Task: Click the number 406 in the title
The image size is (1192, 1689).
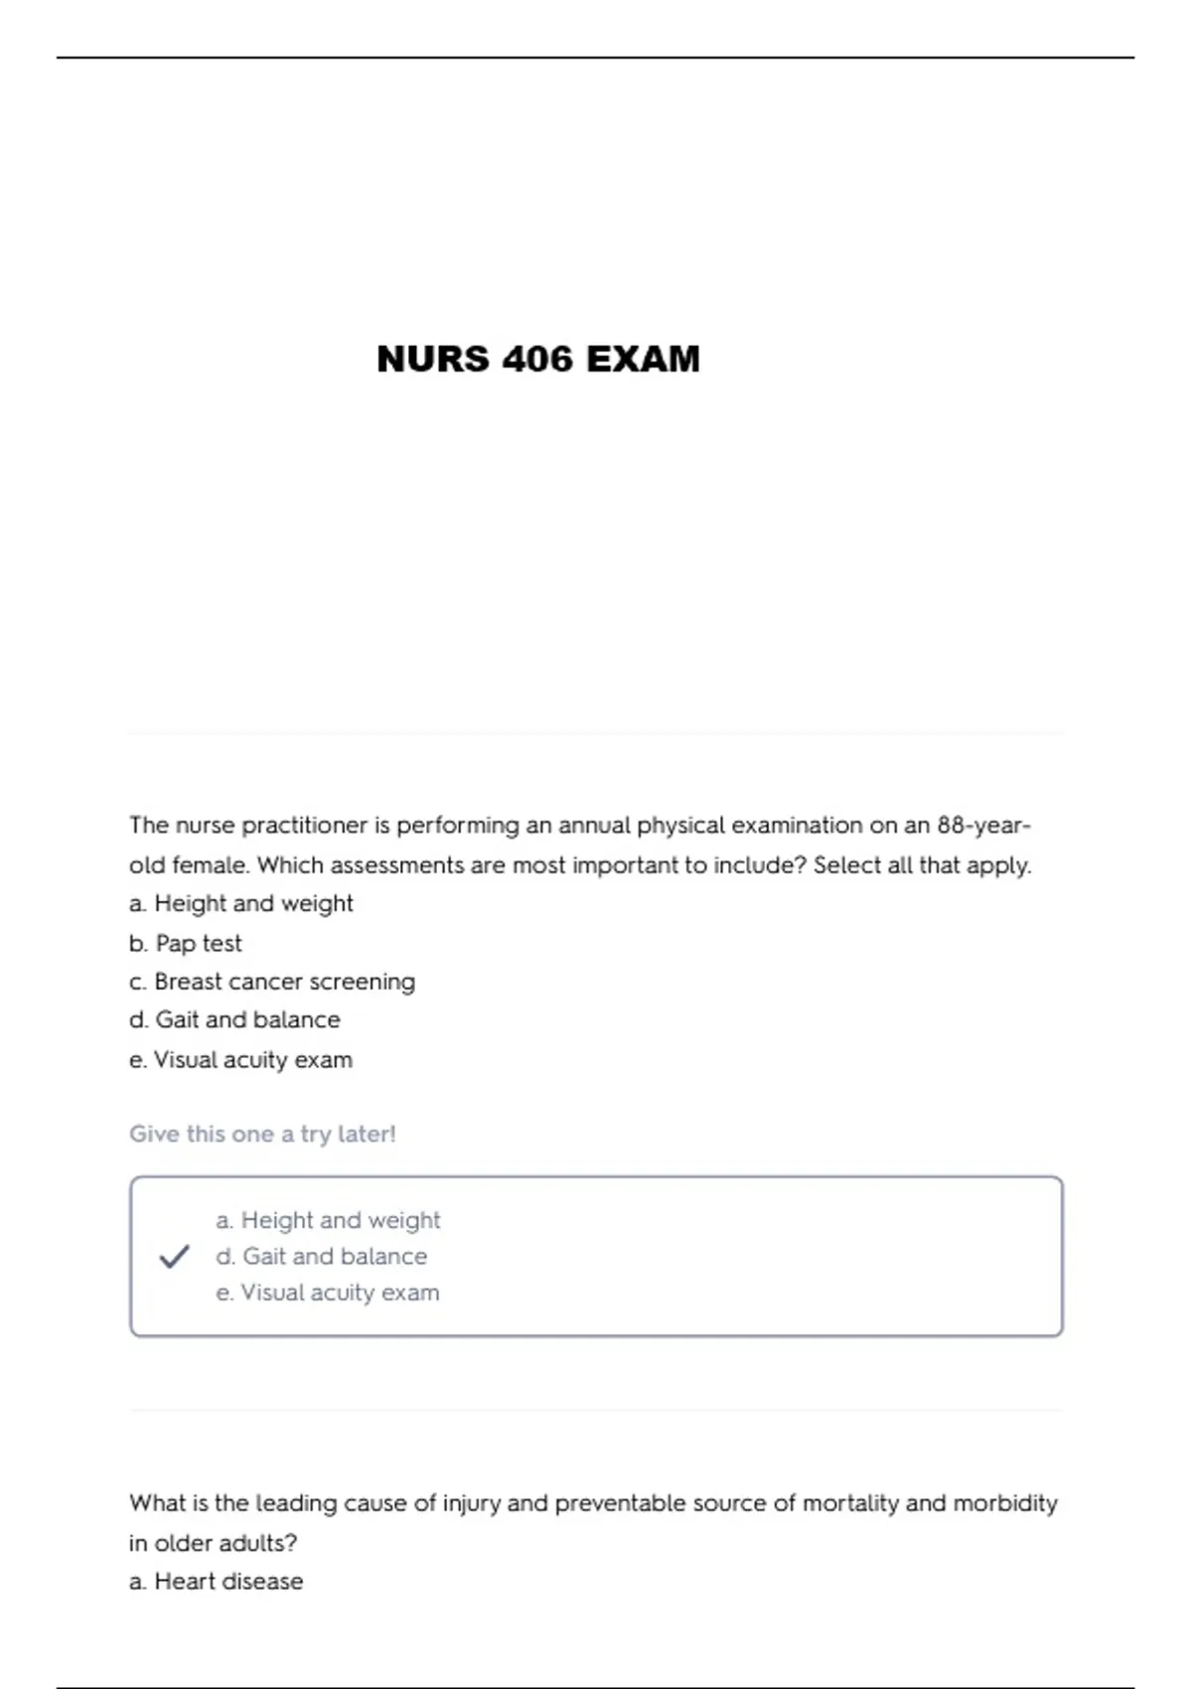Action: [537, 359]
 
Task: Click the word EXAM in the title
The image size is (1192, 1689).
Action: [643, 359]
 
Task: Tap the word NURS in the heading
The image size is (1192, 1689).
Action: [433, 359]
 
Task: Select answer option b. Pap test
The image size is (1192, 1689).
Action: [186, 943]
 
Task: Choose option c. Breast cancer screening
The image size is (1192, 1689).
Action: [272, 982]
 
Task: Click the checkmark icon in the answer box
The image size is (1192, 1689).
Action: [174, 1257]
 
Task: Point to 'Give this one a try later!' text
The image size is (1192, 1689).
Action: [262, 1134]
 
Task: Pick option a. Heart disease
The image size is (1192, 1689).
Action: [217, 1581]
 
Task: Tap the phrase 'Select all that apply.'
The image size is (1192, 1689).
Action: [922, 865]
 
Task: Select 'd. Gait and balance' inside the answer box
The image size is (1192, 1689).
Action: [322, 1257]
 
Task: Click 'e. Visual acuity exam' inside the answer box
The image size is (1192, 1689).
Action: [328, 1293]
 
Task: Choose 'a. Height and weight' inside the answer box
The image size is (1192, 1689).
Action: [328, 1220]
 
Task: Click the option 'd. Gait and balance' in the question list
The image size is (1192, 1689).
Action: [234, 1020]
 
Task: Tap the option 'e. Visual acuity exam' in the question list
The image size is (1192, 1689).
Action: [240, 1060]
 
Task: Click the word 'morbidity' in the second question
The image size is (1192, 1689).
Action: [1005, 1503]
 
